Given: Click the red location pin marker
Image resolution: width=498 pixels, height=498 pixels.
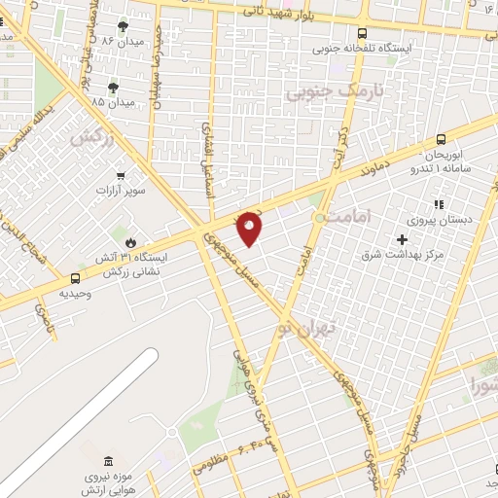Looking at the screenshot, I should (x=251, y=228).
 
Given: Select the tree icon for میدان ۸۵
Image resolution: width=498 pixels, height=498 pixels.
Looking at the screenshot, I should (x=113, y=89).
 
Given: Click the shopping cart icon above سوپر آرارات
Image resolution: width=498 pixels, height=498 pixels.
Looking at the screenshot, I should (x=121, y=175).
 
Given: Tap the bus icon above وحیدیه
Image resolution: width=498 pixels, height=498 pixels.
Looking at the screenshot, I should (x=76, y=278).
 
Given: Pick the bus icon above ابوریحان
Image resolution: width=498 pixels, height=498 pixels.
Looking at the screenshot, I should (x=442, y=140).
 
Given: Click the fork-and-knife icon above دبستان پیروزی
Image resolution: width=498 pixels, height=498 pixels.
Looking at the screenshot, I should (x=439, y=204).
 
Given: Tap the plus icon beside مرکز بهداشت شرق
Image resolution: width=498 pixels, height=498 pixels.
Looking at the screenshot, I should (x=402, y=239).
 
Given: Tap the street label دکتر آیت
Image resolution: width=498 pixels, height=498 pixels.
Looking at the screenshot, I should (x=341, y=146).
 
